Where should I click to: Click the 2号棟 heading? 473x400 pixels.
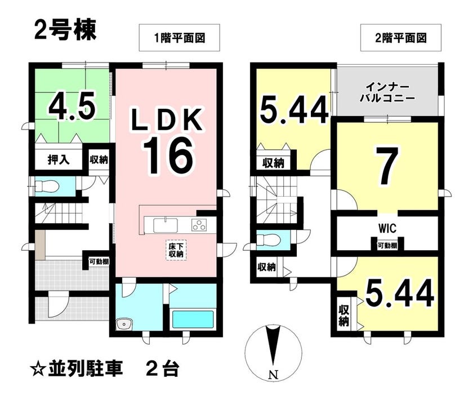tap(65, 30)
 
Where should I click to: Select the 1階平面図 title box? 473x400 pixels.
tap(179, 37)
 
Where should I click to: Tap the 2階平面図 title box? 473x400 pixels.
tap(401, 37)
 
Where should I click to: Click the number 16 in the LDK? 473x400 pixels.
tap(168, 156)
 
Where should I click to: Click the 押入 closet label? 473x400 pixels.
tap(59, 159)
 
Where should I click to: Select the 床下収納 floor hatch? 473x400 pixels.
tap(176, 250)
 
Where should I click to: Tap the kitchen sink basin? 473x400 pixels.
tap(166, 225)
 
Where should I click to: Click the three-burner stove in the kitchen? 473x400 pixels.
tap(199, 225)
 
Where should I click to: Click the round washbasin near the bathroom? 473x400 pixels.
tap(124, 325)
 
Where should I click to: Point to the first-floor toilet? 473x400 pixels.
tap(46, 186)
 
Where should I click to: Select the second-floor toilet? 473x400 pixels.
tap(268, 240)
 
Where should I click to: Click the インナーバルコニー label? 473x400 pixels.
tap(387, 93)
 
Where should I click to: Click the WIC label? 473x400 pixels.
tap(387, 228)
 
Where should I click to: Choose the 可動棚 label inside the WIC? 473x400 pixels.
tap(387, 246)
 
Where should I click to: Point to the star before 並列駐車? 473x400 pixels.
tap(38, 368)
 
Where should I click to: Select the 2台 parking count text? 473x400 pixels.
tap(163, 368)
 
